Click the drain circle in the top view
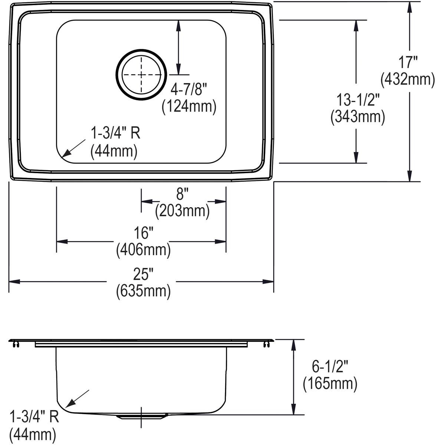pos(141,75)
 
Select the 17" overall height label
pos(409,62)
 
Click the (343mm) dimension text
pos(357,117)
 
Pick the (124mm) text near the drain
pos(189,107)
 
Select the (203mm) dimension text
pos(182,211)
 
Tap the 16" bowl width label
pos(144,234)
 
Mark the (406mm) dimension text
pos(144,251)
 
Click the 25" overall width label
pos(144,274)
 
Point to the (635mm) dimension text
pos(144,291)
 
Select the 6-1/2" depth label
pos(330,367)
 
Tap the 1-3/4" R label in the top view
pos(116,133)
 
